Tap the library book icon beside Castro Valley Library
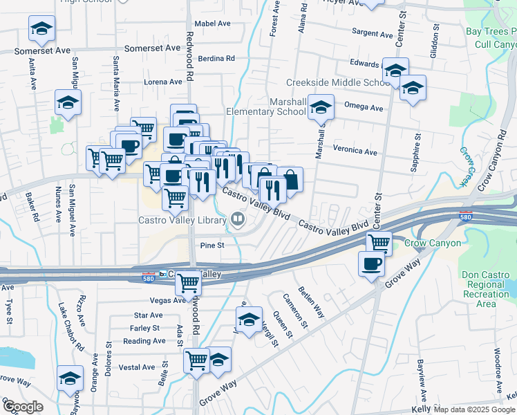238,220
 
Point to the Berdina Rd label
216,59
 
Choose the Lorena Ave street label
162,82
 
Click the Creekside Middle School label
338,83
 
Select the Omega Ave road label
364,108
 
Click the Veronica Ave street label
355,152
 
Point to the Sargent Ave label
372,33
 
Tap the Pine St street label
212,246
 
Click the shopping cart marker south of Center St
379,242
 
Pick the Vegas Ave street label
168,301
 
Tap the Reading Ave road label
144,341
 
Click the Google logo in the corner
22,407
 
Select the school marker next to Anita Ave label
41,28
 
